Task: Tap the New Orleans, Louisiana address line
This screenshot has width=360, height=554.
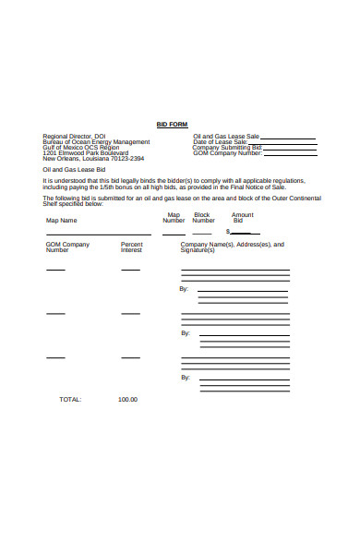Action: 92,158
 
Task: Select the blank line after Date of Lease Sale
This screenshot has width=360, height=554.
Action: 282,141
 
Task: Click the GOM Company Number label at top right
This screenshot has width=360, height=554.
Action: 228,152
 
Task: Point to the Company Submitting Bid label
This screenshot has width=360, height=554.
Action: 227,147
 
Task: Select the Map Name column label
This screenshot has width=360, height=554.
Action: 62,221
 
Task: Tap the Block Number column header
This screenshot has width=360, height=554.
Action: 203,218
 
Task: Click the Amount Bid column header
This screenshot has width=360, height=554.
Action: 242,218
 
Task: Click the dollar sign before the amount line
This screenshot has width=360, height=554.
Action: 227,232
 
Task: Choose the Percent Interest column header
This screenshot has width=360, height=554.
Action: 132,247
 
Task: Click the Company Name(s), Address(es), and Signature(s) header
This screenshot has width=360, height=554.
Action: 232,247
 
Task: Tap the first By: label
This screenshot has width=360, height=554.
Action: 185,289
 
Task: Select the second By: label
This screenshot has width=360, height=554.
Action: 185,332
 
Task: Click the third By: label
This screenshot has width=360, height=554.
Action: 185,377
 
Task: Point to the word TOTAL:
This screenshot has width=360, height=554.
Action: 70,400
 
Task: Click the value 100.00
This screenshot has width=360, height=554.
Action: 127,400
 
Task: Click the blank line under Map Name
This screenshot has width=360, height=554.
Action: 99,234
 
